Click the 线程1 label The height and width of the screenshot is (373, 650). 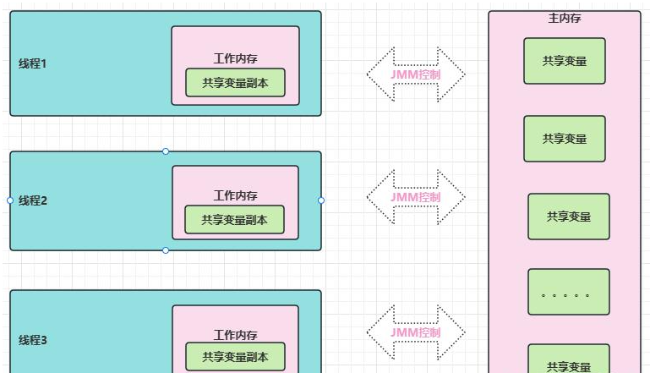33,63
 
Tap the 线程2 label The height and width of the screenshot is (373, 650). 33,200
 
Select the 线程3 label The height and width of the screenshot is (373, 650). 33,340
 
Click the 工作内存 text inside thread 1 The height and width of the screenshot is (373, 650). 235,59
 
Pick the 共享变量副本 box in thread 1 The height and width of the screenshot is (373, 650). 235,83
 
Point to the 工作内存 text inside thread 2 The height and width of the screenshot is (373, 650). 235,196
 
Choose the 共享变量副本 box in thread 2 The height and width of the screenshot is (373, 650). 235,220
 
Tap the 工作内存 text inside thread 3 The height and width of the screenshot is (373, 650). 235,335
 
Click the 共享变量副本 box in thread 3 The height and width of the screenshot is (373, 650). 235,357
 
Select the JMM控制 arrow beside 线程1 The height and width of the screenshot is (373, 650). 416,74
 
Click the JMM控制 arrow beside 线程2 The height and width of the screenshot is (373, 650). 416,197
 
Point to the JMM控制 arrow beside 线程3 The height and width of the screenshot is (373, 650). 416,332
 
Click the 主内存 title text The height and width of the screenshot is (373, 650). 564,18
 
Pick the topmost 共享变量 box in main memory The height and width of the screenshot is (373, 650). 565,61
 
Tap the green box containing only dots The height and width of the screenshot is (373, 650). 568,292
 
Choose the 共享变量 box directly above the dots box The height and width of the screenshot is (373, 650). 568,217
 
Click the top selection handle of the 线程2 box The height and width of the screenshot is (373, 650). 166,151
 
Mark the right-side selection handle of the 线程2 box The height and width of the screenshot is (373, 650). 321,200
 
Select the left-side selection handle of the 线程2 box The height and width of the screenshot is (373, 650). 10,200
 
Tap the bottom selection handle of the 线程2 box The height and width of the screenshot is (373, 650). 166,250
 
